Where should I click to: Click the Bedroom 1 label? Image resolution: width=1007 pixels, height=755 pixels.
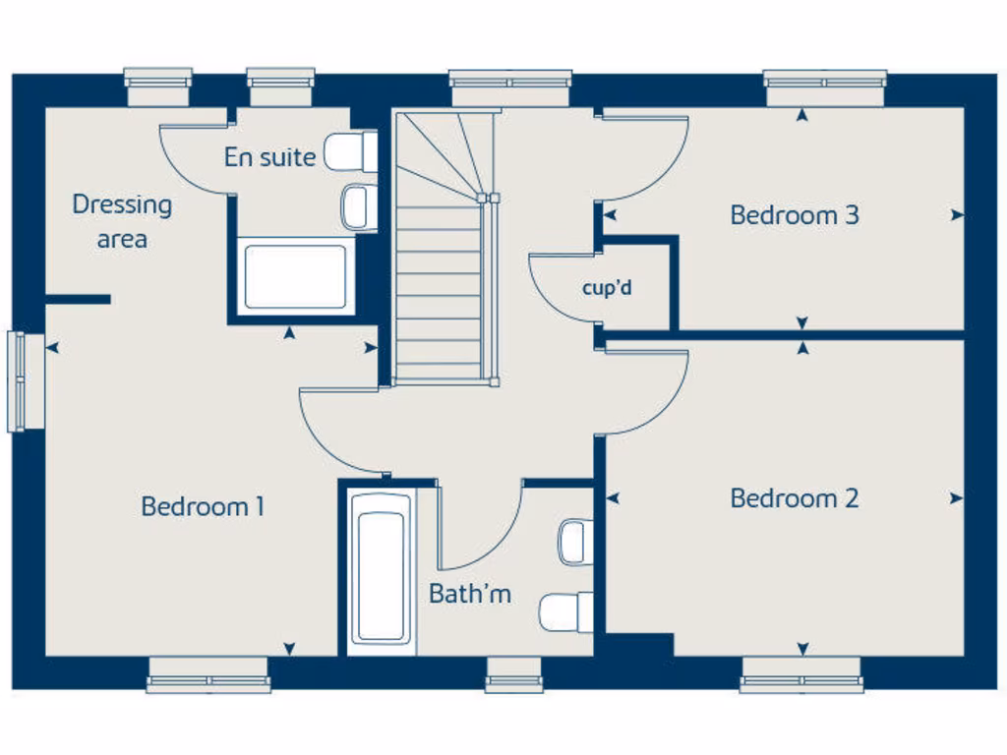pos(203,507)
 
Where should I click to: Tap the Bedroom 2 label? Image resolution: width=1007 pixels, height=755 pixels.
pos(795,498)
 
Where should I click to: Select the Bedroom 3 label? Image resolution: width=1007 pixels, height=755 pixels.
pos(795,215)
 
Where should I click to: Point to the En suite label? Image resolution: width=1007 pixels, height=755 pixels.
pos(269,157)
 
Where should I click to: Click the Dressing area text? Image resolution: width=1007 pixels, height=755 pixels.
pos(122,221)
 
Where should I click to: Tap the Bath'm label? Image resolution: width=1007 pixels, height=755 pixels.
pos(470,594)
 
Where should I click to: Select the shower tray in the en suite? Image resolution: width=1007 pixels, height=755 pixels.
pos(295,276)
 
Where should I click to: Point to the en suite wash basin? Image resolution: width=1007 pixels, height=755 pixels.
pos(358,207)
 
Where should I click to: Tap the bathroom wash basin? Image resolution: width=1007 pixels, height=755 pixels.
pos(575,542)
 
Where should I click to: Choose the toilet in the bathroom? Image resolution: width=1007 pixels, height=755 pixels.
pos(567,612)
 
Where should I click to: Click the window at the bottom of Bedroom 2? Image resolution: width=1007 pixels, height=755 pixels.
pos(801,675)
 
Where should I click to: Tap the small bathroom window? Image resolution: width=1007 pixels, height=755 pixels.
pos(514,674)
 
